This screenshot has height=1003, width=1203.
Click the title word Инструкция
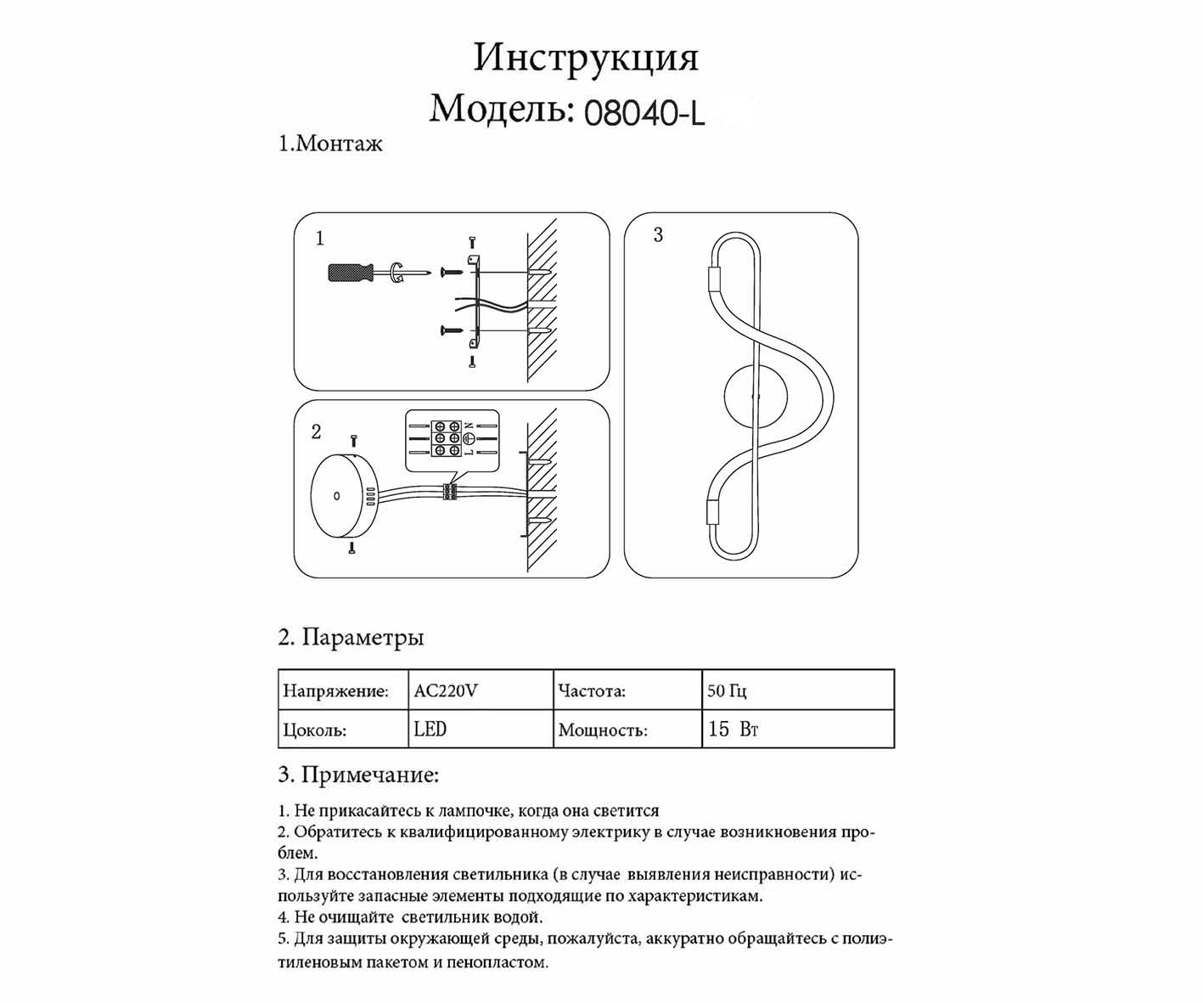tap(586, 58)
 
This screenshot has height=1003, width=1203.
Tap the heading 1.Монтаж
tap(330, 144)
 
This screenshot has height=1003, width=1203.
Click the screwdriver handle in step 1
tap(351, 273)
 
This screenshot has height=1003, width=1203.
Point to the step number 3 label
tap(658, 235)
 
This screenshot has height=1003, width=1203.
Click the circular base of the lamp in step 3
tap(756, 395)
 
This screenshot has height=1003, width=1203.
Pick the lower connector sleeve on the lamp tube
tap(713, 513)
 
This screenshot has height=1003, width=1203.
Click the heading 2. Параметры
tap(351, 637)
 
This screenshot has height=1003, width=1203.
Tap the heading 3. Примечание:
tap(358, 775)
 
